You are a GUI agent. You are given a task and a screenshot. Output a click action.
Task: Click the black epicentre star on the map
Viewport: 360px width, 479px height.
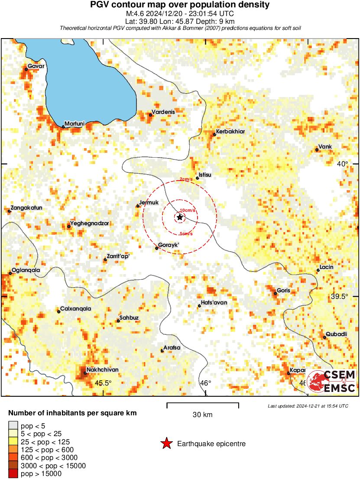point(180,217)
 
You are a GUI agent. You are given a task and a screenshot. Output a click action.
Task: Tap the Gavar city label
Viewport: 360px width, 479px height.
point(36,66)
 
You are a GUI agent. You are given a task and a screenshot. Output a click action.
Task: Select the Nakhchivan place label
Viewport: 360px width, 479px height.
point(102,370)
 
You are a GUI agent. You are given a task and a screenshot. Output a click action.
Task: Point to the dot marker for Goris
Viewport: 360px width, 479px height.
point(275,293)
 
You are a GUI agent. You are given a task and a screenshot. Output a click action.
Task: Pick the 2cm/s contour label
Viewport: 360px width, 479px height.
point(186,180)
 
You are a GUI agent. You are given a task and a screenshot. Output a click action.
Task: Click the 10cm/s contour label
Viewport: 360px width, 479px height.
point(187,210)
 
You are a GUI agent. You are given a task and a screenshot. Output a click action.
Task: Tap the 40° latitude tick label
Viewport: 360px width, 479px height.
point(343,164)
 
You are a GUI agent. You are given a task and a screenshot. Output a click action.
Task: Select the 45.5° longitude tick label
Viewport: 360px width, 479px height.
point(104,383)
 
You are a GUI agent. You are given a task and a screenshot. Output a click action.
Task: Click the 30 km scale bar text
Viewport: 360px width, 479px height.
point(202,415)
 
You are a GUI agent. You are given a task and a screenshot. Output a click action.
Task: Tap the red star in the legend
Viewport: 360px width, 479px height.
point(166,443)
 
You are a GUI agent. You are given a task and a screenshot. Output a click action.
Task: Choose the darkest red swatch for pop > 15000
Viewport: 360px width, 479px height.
point(13,474)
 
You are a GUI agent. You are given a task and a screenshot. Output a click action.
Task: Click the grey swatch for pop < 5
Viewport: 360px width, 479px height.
point(13,426)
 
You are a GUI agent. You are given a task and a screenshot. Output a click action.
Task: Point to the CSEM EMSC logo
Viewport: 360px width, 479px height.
point(331,382)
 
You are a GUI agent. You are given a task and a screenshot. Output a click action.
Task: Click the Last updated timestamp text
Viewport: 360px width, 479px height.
point(308,406)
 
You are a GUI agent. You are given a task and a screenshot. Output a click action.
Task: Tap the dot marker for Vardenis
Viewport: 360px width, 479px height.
point(150,115)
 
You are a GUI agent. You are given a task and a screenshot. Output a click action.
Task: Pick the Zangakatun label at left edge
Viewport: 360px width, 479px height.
point(26,208)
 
